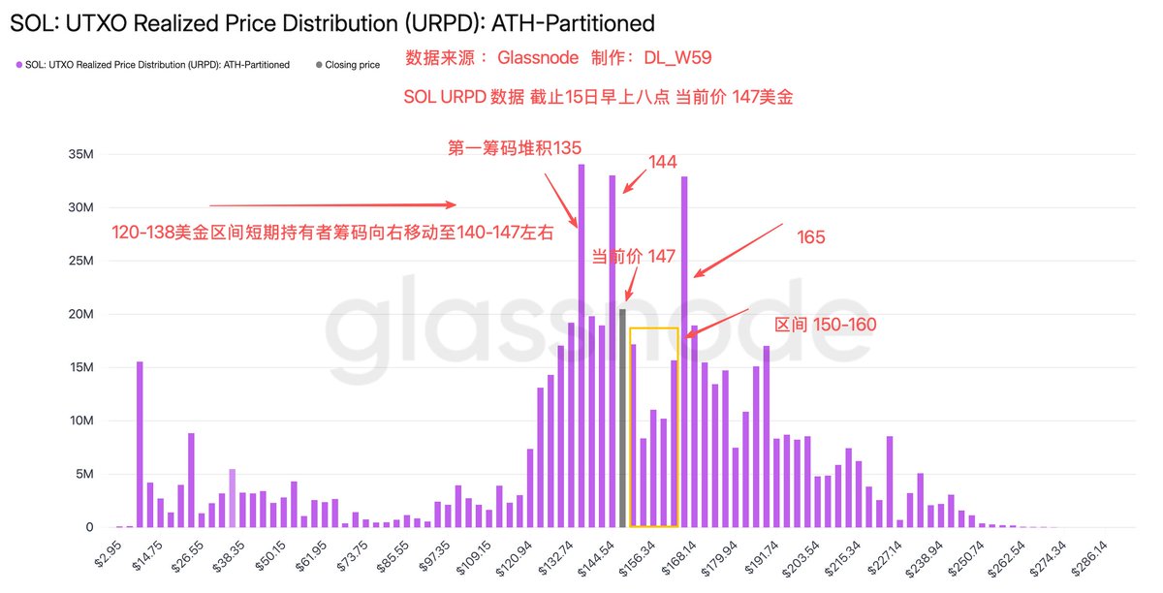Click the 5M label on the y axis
point(84,475)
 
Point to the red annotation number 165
point(810,236)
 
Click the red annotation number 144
point(662,163)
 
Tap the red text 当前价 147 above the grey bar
point(633,257)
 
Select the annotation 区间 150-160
point(826,325)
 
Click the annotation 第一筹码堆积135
point(514,147)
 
